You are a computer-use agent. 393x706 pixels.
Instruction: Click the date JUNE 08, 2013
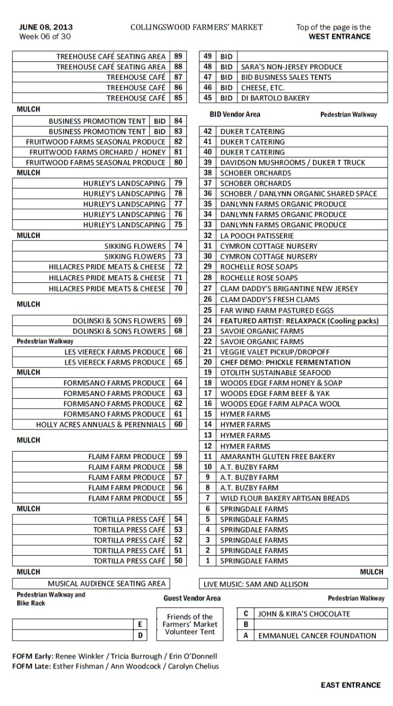point(46,27)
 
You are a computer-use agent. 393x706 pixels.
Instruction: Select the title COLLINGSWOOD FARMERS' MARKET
point(196,27)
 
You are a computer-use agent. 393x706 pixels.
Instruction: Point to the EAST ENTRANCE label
point(350,685)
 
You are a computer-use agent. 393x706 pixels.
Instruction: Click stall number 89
point(178,56)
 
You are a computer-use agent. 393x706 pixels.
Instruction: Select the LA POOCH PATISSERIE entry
point(257,236)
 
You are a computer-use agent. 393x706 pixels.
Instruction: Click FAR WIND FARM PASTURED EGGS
point(277,310)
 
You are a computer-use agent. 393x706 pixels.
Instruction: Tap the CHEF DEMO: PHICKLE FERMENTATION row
point(285,362)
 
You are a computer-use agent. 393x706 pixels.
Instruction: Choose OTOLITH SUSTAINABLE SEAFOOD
point(275,372)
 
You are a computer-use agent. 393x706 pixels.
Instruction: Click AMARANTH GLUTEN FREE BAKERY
point(277,456)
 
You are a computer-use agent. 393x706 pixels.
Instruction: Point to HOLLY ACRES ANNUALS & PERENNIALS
point(101,425)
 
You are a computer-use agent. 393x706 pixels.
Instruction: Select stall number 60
point(178,425)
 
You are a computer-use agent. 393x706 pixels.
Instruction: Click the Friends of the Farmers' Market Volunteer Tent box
point(190,624)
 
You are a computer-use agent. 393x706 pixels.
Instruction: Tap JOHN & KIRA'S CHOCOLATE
point(304,614)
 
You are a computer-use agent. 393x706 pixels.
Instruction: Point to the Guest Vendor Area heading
point(192,598)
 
